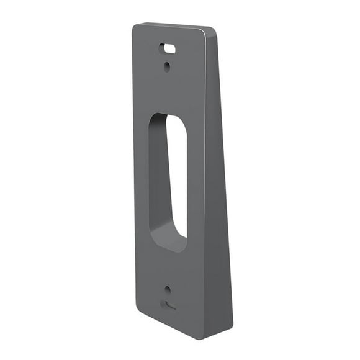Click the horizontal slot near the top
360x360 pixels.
[166, 47]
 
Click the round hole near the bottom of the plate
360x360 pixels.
[167, 289]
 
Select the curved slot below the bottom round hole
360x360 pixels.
[168, 305]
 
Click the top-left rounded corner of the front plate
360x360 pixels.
[136, 29]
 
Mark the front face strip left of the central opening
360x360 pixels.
[141, 180]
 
